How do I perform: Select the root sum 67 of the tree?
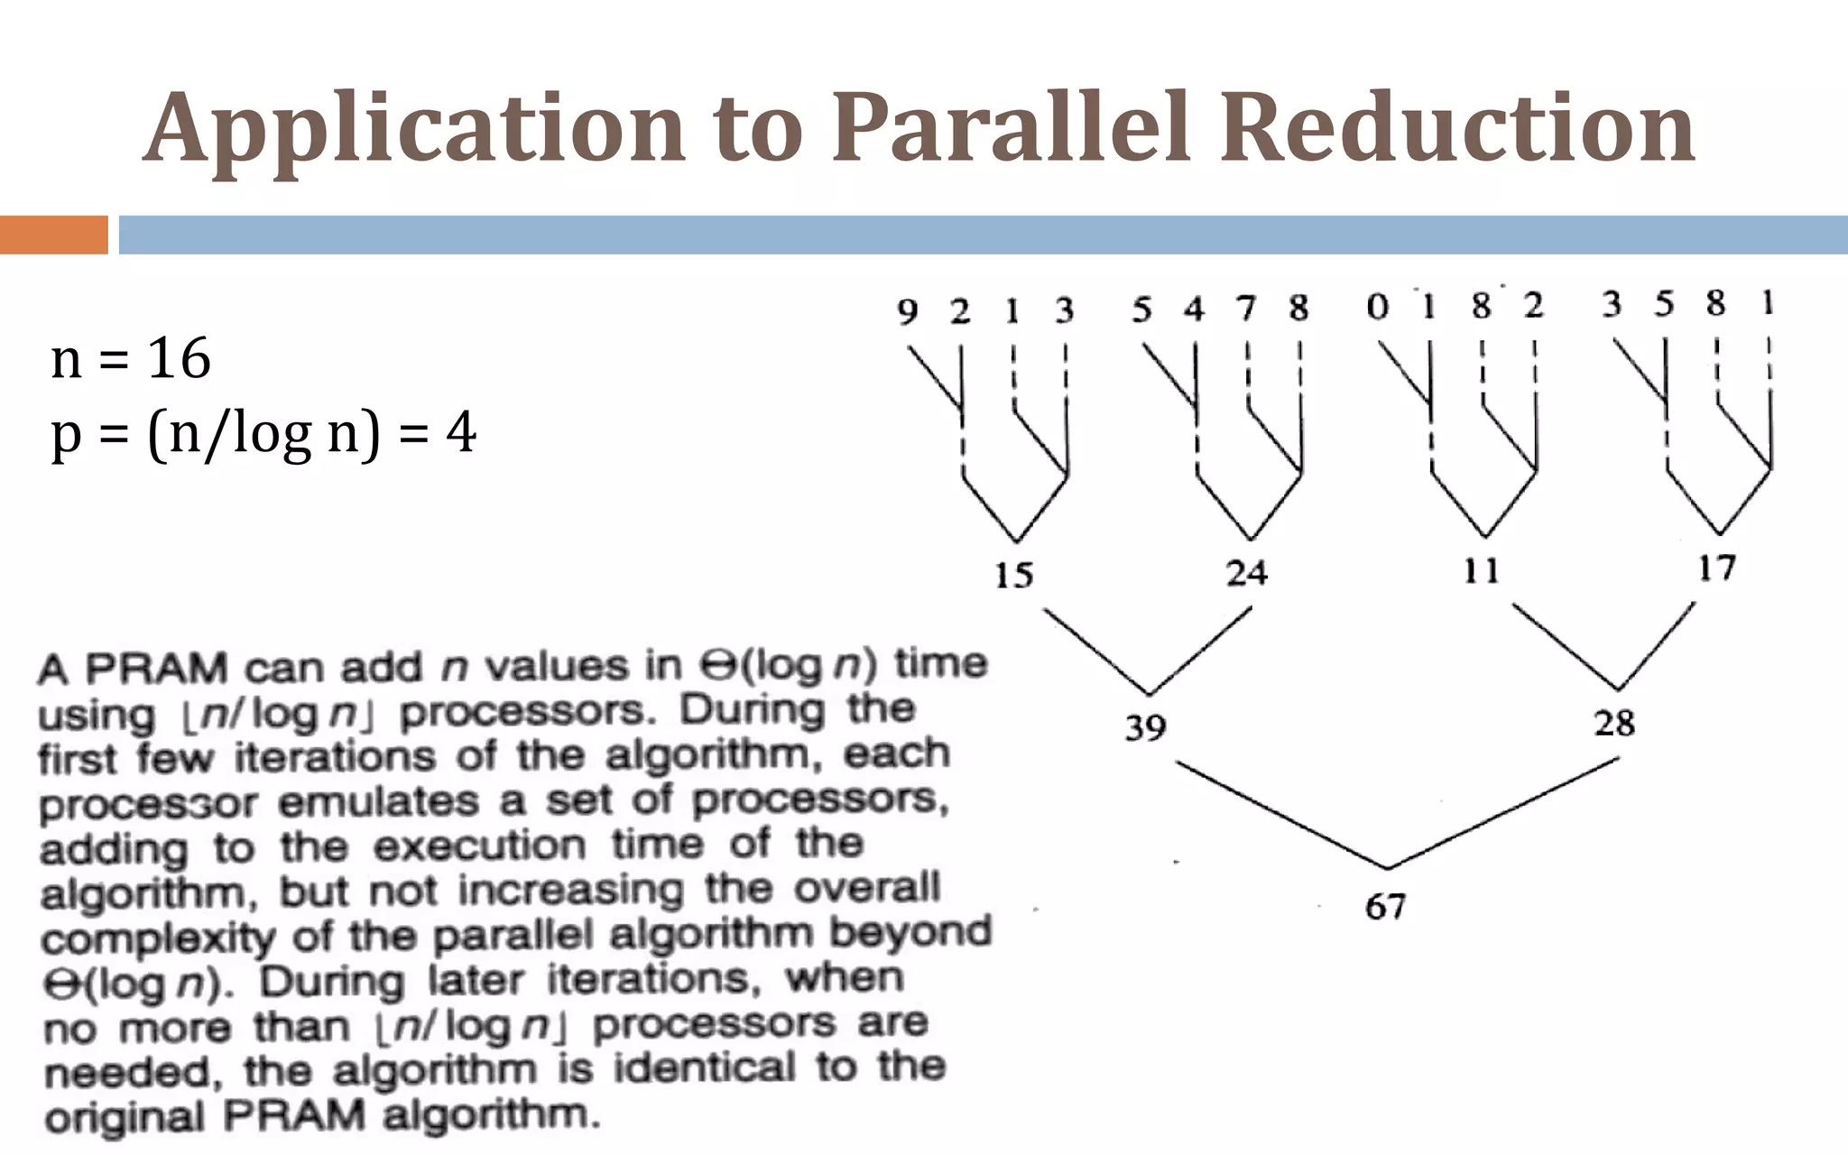point(1385,906)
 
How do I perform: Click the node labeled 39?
point(1145,726)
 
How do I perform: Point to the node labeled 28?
point(1614,723)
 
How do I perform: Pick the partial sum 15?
point(1013,575)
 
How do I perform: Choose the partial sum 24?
point(1246,572)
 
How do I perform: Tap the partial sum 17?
point(1716,568)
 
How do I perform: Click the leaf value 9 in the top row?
point(907,311)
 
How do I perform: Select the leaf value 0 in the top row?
point(1377,307)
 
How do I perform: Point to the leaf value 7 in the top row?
point(1246,309)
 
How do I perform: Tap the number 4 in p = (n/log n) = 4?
point(460,432)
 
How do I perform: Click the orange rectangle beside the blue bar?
point(53,235)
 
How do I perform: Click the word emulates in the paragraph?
point(378,801)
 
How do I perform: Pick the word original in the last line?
point(125,1117)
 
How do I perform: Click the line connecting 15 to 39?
point(1096,651)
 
